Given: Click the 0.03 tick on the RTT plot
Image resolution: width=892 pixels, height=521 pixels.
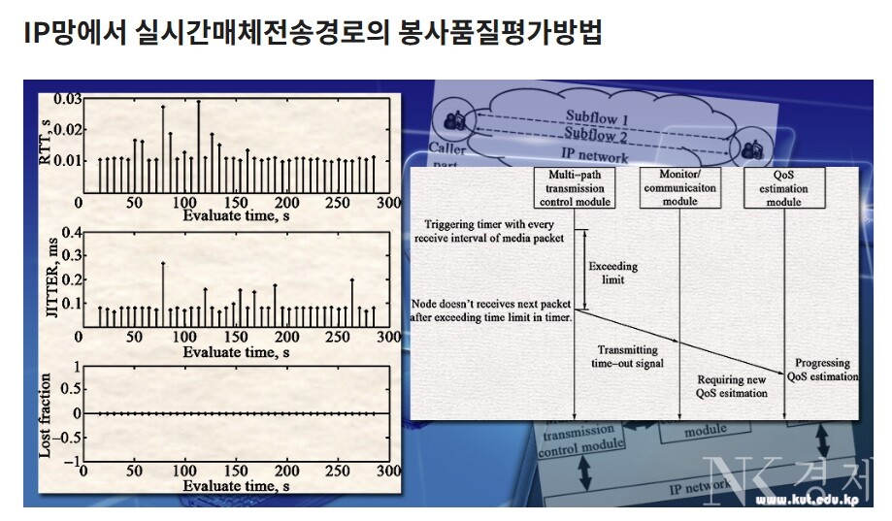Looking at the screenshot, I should (x=67, y=99).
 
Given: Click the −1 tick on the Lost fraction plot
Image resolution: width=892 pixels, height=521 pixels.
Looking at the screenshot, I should (x=70, y=463).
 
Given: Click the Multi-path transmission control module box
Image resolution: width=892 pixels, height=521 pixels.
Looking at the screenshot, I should (x=575, y=188).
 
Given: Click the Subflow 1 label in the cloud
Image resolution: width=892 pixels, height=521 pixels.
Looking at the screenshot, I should (x=596, y=119).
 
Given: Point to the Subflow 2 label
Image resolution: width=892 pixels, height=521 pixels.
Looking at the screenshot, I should (x=596, y=137).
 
